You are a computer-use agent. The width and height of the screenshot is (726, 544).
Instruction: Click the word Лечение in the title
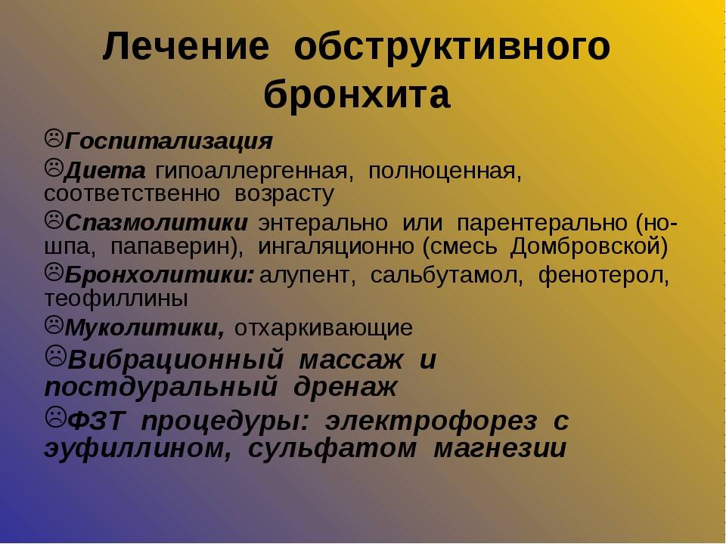coord(186,46)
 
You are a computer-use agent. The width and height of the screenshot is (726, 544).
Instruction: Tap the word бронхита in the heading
coord(357,95)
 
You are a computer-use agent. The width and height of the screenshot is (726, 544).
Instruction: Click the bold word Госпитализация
coord(169,141)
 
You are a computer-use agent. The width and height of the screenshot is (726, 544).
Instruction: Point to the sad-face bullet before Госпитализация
coord(54,138)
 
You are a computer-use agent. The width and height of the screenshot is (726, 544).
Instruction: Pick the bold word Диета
coord(105,172)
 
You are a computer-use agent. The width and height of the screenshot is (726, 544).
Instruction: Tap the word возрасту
coord(284,194)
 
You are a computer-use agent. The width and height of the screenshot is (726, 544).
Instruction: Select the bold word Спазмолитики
coord(157,223)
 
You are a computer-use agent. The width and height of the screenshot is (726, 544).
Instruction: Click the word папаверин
coord(176,246)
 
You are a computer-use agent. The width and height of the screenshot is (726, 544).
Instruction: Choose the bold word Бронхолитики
coord(160,275)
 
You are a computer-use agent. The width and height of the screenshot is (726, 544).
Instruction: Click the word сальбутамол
coord(446,276)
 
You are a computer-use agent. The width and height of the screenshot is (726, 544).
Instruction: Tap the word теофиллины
coord(116,299)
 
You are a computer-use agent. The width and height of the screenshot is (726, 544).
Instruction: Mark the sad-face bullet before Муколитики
coord(54,325)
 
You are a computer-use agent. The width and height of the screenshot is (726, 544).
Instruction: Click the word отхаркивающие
coord(324,328)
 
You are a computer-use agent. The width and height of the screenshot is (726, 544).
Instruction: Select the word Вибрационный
coord(176,360)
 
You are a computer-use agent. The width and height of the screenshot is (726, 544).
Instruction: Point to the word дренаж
coord(346,386)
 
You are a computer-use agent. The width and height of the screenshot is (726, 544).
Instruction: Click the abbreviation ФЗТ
coord(96,421)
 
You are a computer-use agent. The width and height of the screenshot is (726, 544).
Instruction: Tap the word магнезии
coord(500,448)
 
